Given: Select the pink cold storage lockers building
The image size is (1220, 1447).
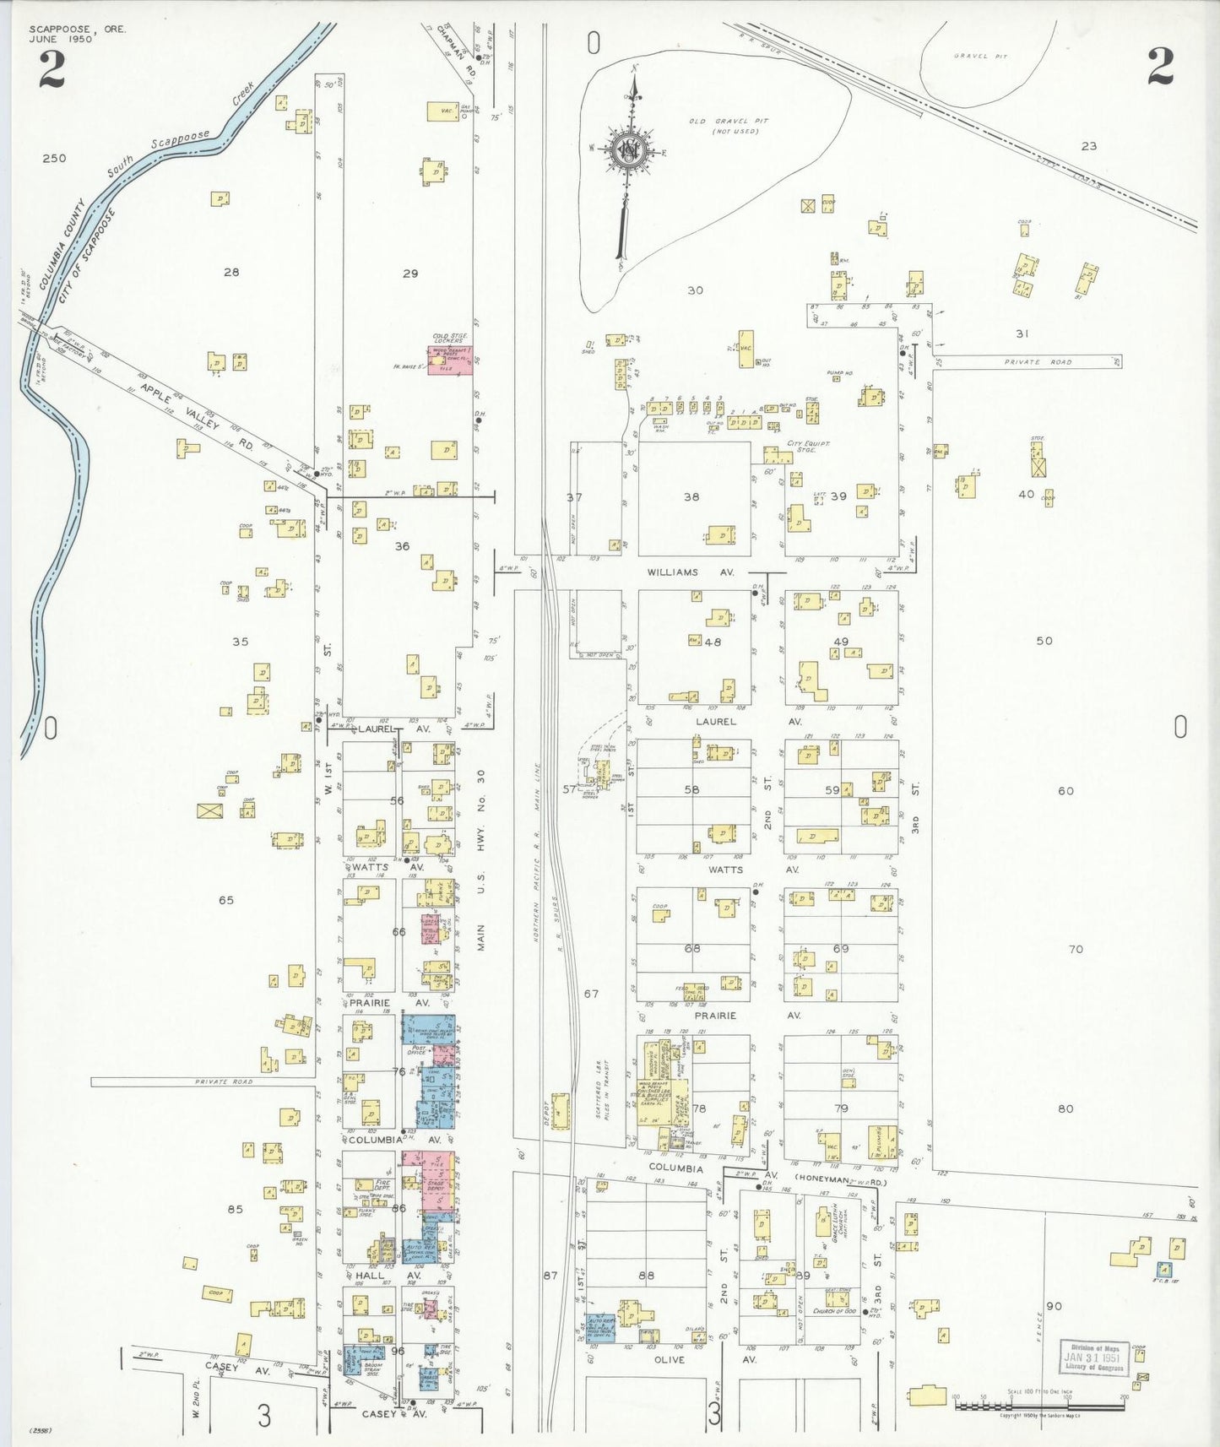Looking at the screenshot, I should [449, 360].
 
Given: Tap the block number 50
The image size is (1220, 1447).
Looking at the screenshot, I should [1044, 641].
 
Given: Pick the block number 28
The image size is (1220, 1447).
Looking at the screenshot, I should [230, 272].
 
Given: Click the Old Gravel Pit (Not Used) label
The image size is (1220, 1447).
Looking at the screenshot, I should [723, 126].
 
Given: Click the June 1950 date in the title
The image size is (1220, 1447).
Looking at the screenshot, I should [58, 39].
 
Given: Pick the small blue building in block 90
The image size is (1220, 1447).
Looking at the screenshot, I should [1164, 1269].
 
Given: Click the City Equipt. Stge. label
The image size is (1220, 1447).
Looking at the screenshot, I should [808, 447].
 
